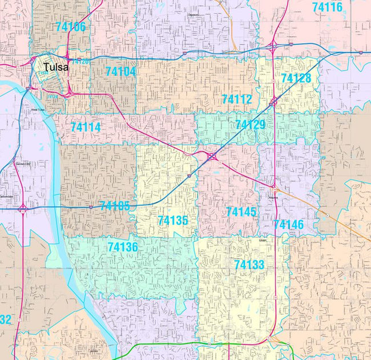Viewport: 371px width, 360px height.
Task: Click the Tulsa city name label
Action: coord(56,67)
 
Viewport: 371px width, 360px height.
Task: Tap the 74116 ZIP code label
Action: coord(327,7)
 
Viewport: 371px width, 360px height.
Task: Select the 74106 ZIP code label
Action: coord(71,27)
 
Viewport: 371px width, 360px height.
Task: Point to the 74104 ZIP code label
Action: coord(120,71)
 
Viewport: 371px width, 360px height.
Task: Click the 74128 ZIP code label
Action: coord(296,78)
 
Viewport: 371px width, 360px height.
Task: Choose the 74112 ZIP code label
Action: coord(237,99)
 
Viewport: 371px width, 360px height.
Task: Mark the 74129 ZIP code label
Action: coord(250,125)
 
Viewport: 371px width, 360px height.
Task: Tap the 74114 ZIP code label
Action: coord(86,127)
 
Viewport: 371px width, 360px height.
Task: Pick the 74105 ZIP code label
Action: coord(114,206)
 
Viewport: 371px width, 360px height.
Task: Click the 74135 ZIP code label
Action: coord(173,220)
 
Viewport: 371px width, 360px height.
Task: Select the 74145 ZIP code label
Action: coord(241,212)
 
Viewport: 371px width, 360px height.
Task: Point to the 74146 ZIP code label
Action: coord(288,225)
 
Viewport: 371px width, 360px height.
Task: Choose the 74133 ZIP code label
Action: coord(249,265)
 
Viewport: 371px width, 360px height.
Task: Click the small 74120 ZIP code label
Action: coord(79,61)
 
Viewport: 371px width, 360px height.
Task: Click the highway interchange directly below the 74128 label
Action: coord(274,102)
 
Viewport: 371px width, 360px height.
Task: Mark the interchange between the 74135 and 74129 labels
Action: coord(211,156)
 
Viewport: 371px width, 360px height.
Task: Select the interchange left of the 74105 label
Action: coord(23,209)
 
